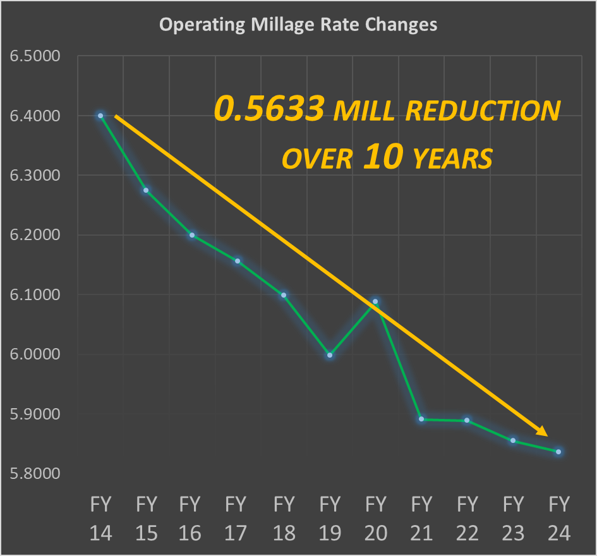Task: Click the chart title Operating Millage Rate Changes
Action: pos(298,25)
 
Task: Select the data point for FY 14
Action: pos(100,116)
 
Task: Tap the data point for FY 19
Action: pos(330,355)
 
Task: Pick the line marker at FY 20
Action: pos(375,301)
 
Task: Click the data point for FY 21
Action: pos(421,419)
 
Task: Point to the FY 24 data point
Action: pos(558,452)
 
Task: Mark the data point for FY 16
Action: pos(192,235)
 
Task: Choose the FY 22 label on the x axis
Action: pos(467,518)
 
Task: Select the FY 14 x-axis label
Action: pos(100,518)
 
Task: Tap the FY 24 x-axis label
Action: pos(558,518)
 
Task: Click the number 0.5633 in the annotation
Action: pos(269,110)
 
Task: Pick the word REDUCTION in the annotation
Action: pos(482,111)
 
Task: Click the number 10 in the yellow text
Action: pos(382,158)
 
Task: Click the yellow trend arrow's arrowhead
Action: pos(542,431)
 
